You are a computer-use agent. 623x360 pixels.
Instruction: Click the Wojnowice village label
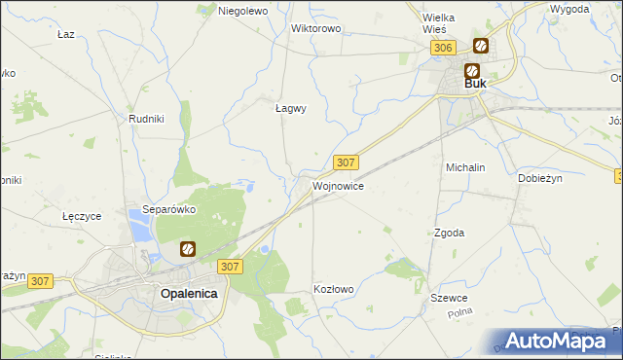click(338, 185)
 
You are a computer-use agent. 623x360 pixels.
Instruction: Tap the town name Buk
click(475, 84)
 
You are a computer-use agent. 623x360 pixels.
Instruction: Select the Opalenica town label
click(189, 293)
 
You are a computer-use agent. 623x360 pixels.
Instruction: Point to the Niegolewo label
click(242, 11)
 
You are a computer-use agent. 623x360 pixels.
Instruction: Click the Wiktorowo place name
click(316, 28)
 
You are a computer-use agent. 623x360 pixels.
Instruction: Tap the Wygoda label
click(568, 9)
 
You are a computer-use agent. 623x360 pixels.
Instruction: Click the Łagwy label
click(290, 108)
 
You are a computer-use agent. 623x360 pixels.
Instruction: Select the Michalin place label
click(465, 167)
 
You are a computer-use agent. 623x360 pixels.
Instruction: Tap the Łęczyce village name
click(82, 216)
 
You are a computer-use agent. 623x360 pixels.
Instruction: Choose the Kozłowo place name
click(333, 289)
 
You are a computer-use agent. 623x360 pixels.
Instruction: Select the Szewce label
click(451, 298)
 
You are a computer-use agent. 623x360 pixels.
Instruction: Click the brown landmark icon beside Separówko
click(188, 249)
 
